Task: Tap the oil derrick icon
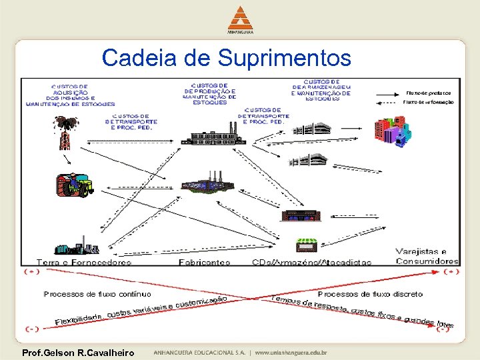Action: [x=65, y=132]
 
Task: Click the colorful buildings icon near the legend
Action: [x=390, y=131]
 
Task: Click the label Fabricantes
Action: [x=204, y=263]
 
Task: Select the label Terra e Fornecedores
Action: [x=84, y=263]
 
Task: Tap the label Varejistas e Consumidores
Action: [x=427, y=257]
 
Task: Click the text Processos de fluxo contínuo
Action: [x=97, y=294]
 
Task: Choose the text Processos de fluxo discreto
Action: [x=370, y=294]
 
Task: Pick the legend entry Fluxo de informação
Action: [x=429, y=103]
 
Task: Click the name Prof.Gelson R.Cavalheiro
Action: [x=78, y=352]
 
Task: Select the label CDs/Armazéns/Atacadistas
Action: [x=311, y=263]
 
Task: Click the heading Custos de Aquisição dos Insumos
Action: [x=69, y=95]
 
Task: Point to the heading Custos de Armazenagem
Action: [x=323, y=91]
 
